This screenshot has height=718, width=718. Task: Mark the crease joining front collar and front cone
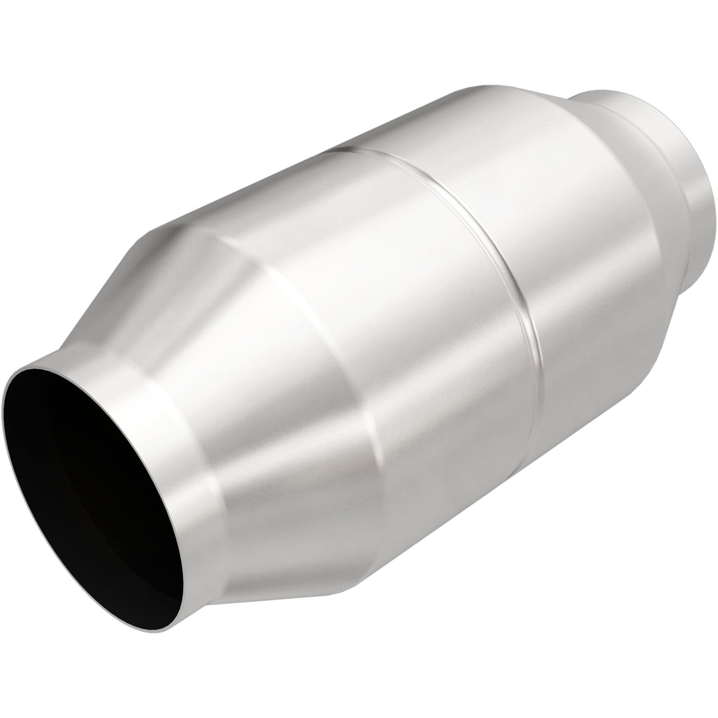(207, 414)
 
